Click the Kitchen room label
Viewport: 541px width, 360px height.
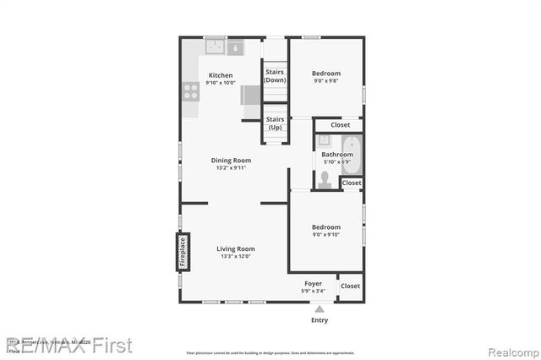click(221, 75)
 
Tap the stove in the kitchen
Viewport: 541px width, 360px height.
click(190, 90)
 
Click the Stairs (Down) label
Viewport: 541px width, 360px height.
click(275, 76)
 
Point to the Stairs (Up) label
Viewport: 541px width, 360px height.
click(275, 123)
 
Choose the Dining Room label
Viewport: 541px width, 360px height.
click(231, 160)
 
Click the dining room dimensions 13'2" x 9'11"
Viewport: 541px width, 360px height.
click(231, 168)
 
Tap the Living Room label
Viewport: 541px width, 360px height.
click(235, 248)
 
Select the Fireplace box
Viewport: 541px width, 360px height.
click(183, 252)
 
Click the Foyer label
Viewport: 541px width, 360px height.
click(313, 283)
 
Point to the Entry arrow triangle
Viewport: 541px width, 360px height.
click(319, 310)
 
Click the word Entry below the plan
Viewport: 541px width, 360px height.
click(320, 321)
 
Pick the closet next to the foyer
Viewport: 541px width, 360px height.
click(350, 286)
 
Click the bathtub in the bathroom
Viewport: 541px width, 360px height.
click(352, 155)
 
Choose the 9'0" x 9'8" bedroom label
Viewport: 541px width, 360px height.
click(326, 74)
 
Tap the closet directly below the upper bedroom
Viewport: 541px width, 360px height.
click(340, 125)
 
